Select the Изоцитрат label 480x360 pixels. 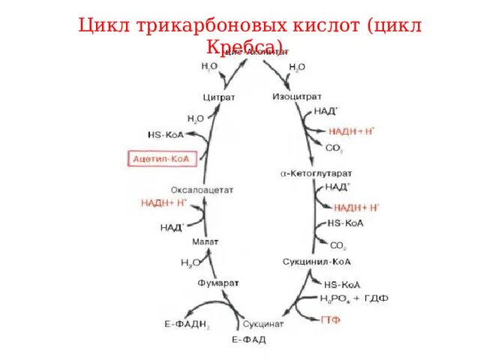tap(296, 96)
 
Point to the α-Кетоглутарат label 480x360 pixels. tap(313, 174)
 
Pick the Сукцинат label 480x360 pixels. tap(262, 324)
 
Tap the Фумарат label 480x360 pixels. tap(217, 283)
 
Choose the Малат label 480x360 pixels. tap(204, 241)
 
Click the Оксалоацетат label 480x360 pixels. tap(202, 190)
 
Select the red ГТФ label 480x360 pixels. tap(331, 319)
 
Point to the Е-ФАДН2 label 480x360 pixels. tap(187, 324)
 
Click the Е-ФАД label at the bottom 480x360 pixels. tap(248, 340)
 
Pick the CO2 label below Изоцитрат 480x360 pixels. tap(334, 148)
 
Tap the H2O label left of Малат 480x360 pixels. tap(190, 263)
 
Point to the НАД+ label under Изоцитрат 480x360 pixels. tap(326, 110)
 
